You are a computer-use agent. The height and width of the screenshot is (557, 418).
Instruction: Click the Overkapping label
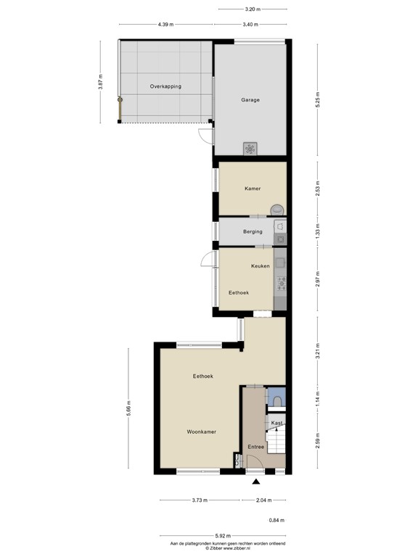[165, 86]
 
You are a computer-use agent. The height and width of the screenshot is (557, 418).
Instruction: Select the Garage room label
[250, 100]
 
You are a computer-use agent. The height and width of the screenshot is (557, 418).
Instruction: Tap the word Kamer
[252, 189]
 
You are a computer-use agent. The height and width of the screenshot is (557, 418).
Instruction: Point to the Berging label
[253, 232]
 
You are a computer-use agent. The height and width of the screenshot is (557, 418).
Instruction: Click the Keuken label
[261, 266]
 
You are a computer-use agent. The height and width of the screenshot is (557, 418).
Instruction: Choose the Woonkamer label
[201, 432]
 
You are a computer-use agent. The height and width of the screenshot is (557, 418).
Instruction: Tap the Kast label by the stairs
[276, 423]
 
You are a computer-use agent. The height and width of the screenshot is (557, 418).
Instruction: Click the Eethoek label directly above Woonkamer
[202, 376]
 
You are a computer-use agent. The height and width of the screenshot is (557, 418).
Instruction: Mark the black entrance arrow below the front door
[255, 480]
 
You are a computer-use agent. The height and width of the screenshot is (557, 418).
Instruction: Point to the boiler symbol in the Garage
[250, 148]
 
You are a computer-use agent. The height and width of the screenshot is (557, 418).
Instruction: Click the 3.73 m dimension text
[200, 500]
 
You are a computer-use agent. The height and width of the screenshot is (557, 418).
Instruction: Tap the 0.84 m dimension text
[277, 521]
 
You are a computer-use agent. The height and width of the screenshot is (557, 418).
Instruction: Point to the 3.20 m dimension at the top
[251, 9]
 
